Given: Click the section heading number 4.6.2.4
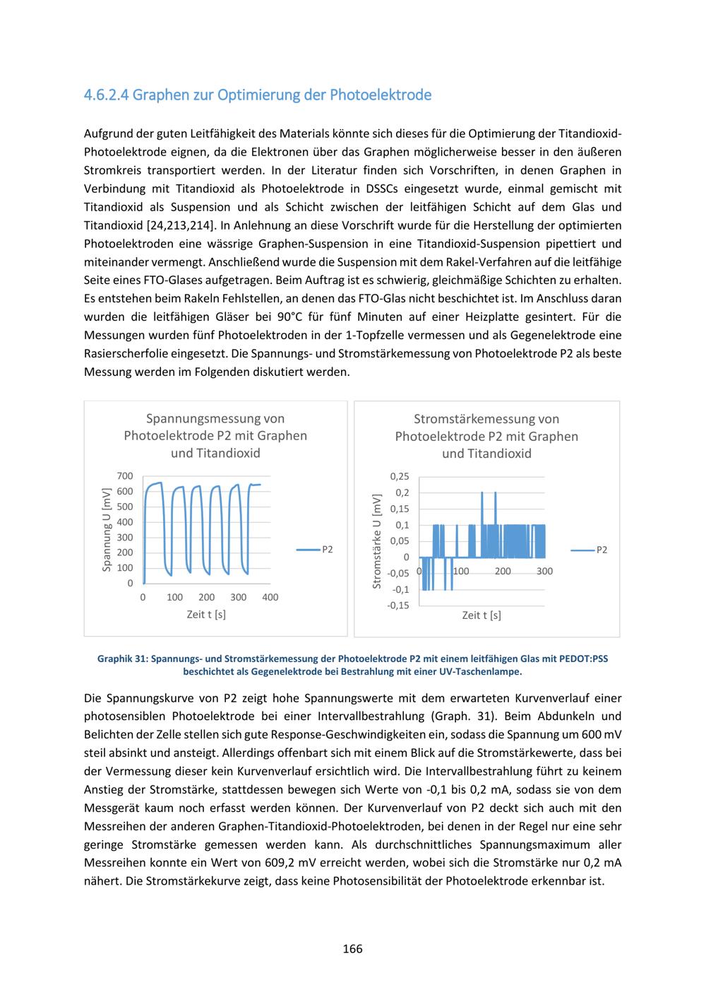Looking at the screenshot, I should (x=106, y=95).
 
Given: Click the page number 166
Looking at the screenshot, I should (x=352, y=949).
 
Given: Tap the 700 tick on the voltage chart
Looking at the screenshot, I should (x=125, y=476).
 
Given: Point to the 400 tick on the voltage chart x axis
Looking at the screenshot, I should (x=270, y=597).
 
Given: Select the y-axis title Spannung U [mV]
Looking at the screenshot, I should (x=107, y=529).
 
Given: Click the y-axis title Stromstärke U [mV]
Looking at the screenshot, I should (x=377, y=541).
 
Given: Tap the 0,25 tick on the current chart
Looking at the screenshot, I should (x=399, y=477).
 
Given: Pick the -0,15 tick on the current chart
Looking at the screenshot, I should (x=397, y=605).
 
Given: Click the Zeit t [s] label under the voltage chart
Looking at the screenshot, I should (x=206, y=615).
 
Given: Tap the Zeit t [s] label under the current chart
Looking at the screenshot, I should (x=481, y=615).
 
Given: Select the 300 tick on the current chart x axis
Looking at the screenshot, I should (x=544, y=571).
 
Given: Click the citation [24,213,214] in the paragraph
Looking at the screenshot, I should (x=180, y=226).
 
